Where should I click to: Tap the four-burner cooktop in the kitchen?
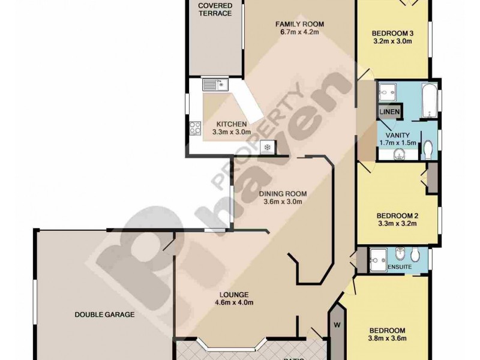196,127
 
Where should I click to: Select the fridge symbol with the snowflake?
266,146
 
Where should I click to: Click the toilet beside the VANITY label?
428,149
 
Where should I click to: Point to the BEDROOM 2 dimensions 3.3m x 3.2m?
397,224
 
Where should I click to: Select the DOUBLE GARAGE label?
104,314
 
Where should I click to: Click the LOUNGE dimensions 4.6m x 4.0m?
233,303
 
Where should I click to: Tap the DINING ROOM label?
283,194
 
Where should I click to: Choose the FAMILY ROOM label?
299,24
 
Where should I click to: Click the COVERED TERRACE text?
215,10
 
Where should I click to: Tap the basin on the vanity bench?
400,155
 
